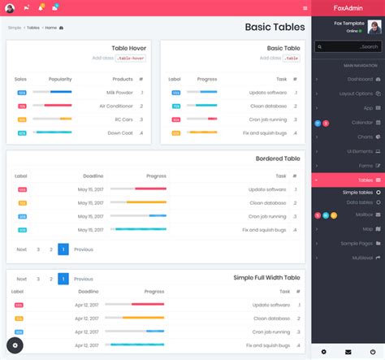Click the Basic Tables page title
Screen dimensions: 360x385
(275, 27)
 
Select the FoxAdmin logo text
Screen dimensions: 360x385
(348, 7)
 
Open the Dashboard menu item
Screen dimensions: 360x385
(360, 79)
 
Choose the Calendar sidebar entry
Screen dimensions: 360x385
(361, 122)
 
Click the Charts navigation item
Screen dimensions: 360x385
(365, 137)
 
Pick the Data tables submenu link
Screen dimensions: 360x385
(360, 202)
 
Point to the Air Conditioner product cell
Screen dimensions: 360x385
(115, 106)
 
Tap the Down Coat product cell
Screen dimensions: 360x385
(120, 132)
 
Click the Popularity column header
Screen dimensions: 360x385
(60, 80)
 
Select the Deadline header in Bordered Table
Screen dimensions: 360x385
(93, 176)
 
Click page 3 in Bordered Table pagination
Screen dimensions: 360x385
(37, 249)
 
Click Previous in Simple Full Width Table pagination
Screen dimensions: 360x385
(83, 279)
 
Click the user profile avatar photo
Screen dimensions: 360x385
(374, 27)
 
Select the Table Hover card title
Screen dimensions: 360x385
(128, 48)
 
